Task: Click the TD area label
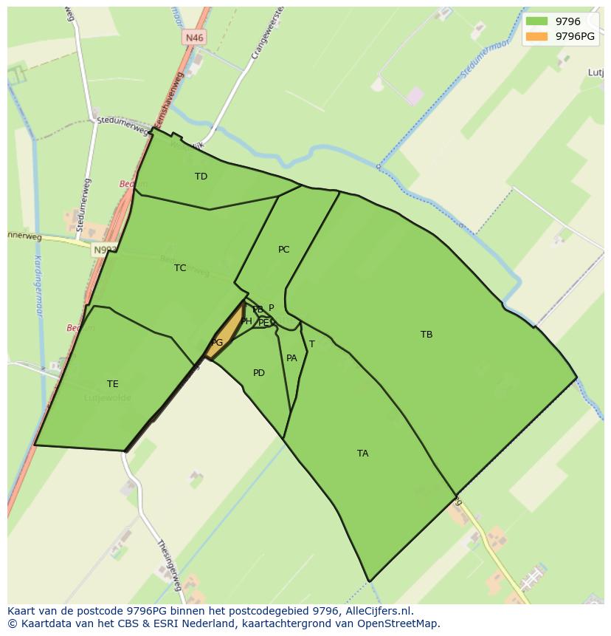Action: (x=201, y=177)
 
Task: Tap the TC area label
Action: (x=180, y=268)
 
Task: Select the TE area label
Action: (x=112, y=384)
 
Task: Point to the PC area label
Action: (x=283, y=250)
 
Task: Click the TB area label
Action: (x=427, y=335)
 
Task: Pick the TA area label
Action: (x=362, y=454)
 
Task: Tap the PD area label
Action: (x=258, y=373)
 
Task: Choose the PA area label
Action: (x=291, y=358)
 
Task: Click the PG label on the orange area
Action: (x=216, y=343)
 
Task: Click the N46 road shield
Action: (x=194, y=38)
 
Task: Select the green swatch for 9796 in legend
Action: (x=536, y=21)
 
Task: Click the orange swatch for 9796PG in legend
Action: (x=536, y=36)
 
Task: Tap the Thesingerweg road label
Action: (x=169, y=564)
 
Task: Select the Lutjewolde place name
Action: (x=108, y=398)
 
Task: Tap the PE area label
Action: (x=263, y=323)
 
